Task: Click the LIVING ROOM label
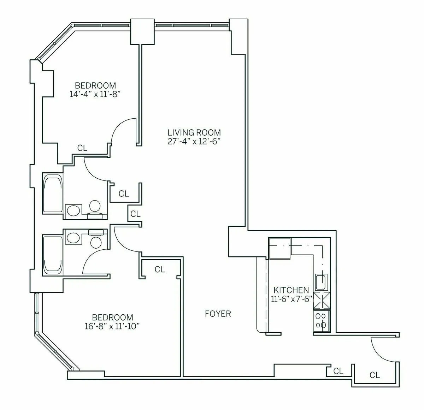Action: tap(194, 133)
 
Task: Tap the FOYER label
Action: tap(218, 314)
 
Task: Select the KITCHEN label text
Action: tap(291, 290)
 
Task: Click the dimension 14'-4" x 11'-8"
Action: tap(95, 94)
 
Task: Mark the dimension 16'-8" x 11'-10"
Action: tap(112, 326)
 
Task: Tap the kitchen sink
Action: tap(321, 282)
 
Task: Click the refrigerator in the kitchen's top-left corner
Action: tap(279, 248)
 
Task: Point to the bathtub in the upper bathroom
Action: tap(53, 193)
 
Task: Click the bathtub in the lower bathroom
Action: tap(53, 255)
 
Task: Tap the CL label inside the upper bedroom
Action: tap(82, 148)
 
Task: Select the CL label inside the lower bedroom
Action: tap(160, 269)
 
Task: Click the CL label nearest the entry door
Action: tap(375, 375)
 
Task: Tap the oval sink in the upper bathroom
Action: tap(73, 210)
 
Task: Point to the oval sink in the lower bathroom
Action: tap(73, 238)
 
